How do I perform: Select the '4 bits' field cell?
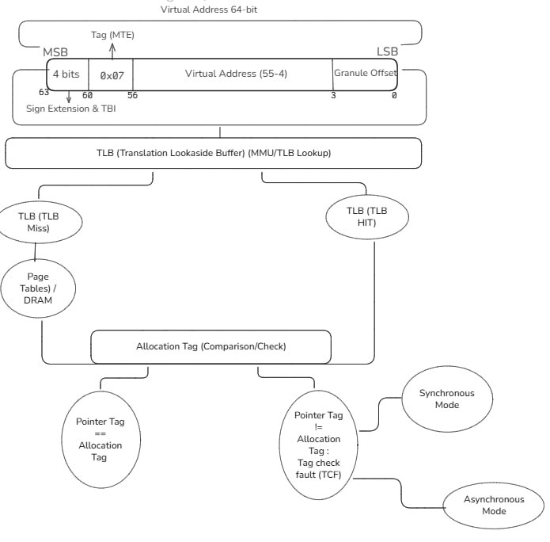pyautogui.click(x=67, y=74)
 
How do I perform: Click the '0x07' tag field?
pyautogui.click(x=111, y=74)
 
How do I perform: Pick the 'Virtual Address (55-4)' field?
pyautogui.click(x=231, y=74)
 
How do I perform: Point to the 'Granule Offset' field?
pyautogui.click(x=364, y=73)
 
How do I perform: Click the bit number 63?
pyautogui.click(x=44, y=93)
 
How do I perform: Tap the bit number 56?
pyautogui.click(x=132, y=95)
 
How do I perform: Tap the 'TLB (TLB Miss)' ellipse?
pyautogui.click(x=38, y=222)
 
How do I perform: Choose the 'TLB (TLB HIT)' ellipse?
pyautogui.click(x=367, y=216)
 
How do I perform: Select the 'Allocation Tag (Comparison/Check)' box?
pyautogui.click(x=210, y=346)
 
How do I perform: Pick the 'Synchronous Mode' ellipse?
pyautogui.click(x=447, y=399)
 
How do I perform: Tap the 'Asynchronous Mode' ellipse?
pyautogui.click(x=493, y=506)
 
